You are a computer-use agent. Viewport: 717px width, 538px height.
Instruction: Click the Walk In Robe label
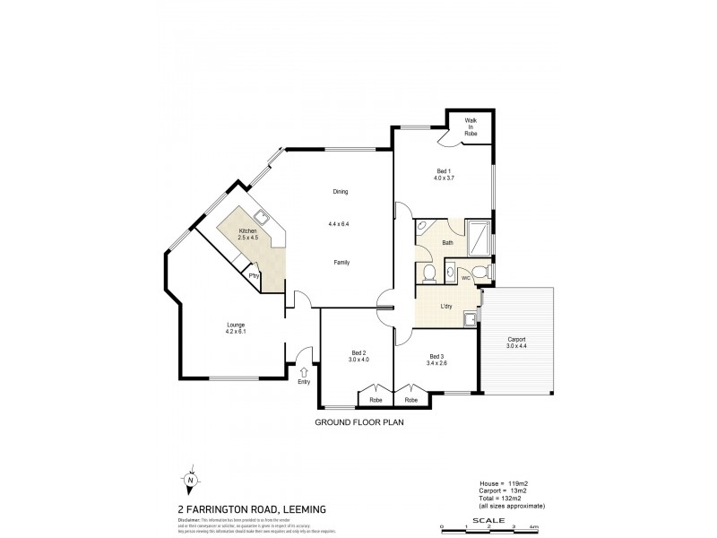(x=471, y=126)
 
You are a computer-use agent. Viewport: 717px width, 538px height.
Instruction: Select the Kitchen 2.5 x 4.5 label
(x=247, y=234)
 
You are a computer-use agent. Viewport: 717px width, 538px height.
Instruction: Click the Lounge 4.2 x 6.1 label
(x=236, y=328)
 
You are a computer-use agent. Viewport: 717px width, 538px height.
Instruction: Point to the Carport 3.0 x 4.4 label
(x=516, y=343)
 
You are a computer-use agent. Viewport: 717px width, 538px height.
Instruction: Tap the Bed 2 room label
(x=359, y=356)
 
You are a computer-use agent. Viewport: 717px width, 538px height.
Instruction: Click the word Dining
(x=340, y=191)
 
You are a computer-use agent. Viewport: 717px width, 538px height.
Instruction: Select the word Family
(x=341, y=262)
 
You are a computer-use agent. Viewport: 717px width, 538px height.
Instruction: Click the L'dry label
(x=445, y=307)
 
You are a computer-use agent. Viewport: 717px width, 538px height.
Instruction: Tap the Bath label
(x=447, y=242)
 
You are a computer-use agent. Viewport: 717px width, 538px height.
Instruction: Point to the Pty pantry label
(x=254, y=276)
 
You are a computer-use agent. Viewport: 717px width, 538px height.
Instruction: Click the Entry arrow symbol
(x=303, y=371)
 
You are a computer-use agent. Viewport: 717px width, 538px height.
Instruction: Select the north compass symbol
(x=191, y=481)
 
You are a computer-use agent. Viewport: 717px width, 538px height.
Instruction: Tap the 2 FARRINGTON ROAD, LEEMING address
(x=238, y=508)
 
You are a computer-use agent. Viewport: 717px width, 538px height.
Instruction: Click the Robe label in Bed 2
(x=376, y=399)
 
